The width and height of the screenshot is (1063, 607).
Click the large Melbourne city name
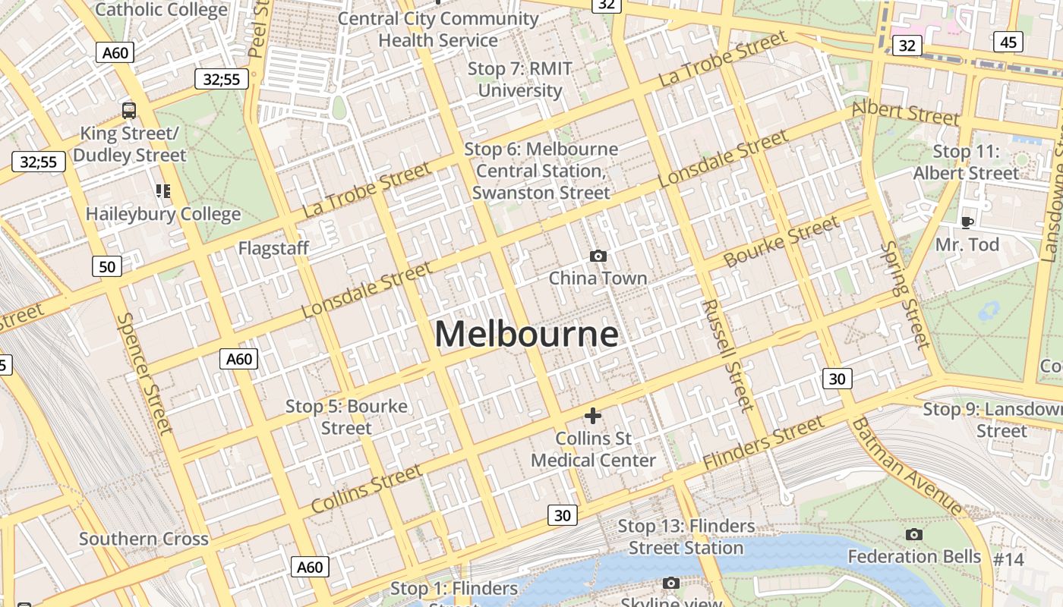point(526,335)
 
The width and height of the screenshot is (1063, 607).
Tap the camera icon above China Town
point(598,256)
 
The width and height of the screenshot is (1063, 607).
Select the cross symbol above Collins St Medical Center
point(593,416)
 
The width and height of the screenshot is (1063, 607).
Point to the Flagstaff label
point(273,248)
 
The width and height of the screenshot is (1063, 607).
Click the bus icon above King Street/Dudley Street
point(129,111)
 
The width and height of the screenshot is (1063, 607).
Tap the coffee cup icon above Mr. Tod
point(967,222)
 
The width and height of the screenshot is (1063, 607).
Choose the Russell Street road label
point(727,354)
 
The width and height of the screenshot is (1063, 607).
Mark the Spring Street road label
point(905,295)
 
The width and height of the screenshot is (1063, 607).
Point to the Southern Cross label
point(144,539)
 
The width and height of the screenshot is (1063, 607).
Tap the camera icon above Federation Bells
point(914,535)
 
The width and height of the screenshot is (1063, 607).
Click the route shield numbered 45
point(1008,42)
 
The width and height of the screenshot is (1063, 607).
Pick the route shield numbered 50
point(107,266)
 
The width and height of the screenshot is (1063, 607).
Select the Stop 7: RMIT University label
point(520,80)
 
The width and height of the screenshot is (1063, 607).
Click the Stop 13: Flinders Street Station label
point(686,536)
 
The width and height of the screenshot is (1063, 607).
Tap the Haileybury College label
point(162,214)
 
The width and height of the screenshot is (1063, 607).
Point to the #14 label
point(1009,560)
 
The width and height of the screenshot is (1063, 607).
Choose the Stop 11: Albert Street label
point(966,162)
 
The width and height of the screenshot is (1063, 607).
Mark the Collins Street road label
point(367,488)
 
